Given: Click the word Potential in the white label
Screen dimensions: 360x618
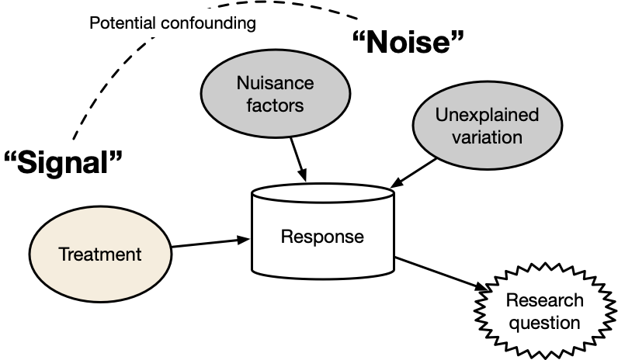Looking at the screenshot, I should click(x=122, y=22).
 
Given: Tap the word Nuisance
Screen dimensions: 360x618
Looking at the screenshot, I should click(x=275, y=83).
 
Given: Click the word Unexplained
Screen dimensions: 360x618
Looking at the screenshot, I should click(x=487, y=116).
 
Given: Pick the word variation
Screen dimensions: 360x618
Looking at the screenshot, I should click(x=487, y=137).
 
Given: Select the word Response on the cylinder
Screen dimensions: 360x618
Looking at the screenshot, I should click(x=321, y=237).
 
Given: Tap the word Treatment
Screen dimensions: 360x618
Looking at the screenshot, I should click(x=100, y=254).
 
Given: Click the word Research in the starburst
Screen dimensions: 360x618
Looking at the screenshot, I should click(x=544, y=300).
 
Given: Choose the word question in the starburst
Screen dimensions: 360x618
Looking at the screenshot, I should click(x=544, y=321).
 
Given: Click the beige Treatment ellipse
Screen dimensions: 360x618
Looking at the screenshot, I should click(x=100, y=272).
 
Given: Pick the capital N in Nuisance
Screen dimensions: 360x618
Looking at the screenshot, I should click(x=242, y=83).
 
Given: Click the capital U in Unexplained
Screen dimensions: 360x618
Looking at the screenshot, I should click(x=440, y=116).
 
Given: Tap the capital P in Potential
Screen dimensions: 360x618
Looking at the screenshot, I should click(x=94, y=22).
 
